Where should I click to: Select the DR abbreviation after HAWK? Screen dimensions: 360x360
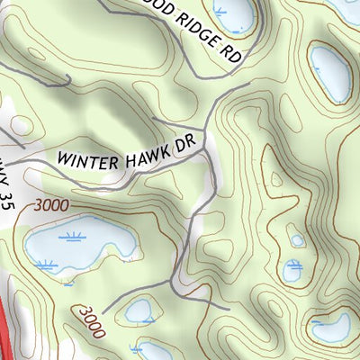tap(184, 144)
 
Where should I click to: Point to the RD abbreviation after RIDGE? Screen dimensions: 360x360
tap(232, 53)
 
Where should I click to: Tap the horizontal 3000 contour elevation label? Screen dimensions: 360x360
tap(51, 205)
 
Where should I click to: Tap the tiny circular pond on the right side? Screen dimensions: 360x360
tap(297, 240)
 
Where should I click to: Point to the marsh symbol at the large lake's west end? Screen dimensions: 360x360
tap(45, 264)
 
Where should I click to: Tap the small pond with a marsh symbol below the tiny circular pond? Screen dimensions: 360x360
tap(292, 269)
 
